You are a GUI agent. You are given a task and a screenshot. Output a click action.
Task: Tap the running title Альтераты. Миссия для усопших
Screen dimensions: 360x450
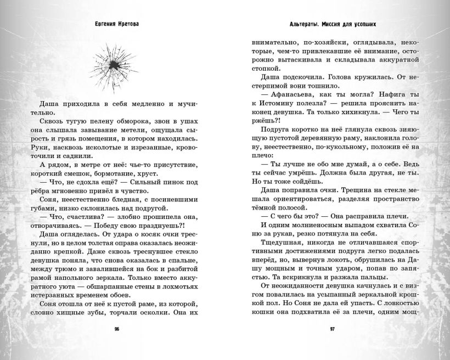click(x=335, y=25)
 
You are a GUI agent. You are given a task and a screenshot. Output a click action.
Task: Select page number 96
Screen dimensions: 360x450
click(x=116, y=329)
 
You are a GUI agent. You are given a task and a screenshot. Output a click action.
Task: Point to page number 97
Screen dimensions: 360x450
click(x=333, y=329)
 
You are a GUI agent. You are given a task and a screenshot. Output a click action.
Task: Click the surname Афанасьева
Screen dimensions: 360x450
click(x=290, y=93)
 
